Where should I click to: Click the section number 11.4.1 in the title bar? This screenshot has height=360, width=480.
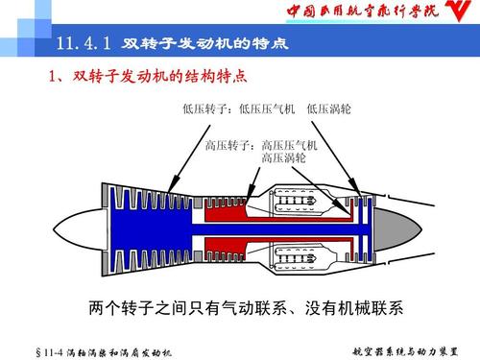[84, 45]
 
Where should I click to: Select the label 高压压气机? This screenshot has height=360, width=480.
[290, 145]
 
